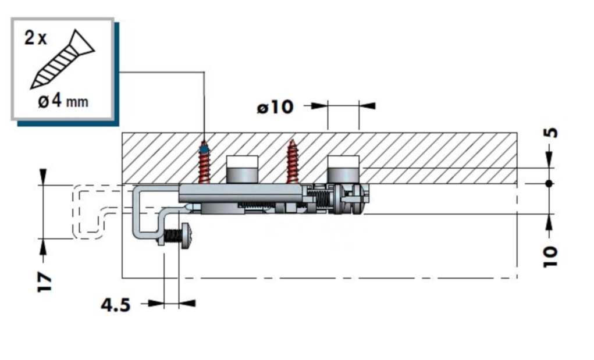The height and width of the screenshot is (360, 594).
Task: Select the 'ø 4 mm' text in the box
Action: tap(63, 101)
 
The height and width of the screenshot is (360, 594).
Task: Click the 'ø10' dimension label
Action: tap(275, 107)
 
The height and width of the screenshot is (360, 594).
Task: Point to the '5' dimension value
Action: tap(552, 133)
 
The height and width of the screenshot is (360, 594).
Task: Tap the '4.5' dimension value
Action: tap(116, 305)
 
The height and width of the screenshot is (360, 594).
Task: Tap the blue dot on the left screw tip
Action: tap(204, 149)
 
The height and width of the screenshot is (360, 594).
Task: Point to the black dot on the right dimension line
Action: tap(549, 184)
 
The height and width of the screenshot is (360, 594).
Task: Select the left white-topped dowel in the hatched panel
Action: tap(242, 169)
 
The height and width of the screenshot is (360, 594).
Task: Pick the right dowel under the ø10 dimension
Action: tap(343, 169)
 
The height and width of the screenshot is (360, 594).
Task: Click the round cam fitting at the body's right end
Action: tap(356, 198)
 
